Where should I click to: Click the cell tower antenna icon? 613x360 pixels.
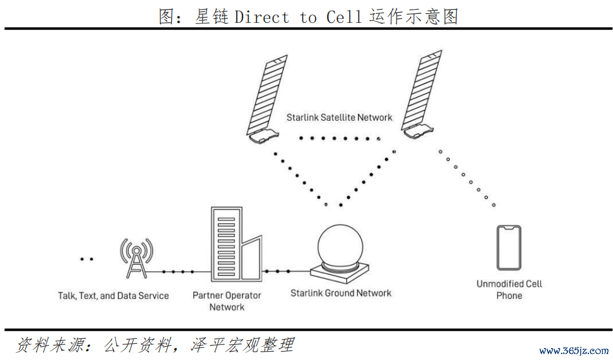(x=136, y=258)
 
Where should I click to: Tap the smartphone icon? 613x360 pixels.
(x=509, y=248)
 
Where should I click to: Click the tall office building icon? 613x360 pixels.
(x=227, y=244)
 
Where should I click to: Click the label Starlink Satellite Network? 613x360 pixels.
(x=339, y=117)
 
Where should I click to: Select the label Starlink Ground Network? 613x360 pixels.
(x=340, y=293)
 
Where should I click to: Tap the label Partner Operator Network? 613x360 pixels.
(x=227, y=301)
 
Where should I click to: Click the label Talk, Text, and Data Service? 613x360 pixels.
(x=113, y=296)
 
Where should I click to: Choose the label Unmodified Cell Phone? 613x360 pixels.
(x=509, y=290)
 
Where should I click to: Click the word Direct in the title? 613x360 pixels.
(x=262, y=17)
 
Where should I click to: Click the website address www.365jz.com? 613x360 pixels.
(x=574, y=350)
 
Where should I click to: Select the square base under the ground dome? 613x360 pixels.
(x=340, y=272)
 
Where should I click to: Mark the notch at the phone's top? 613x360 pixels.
(x=509, y=229)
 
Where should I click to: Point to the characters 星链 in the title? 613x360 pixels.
(x=211, y=17)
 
